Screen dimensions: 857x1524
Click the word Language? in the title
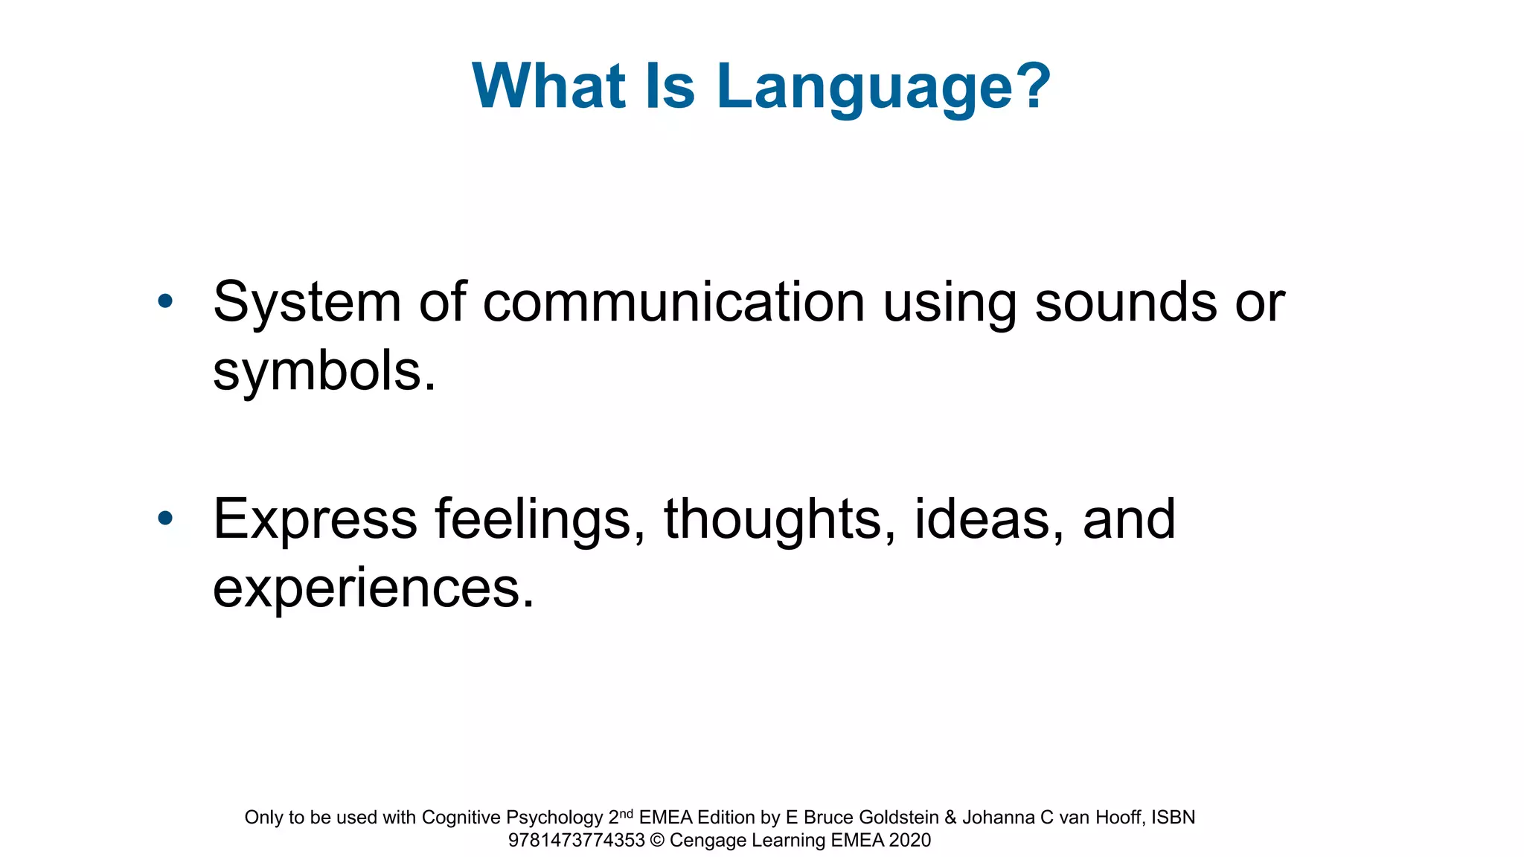(883, 88)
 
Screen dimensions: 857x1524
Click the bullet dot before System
(165, 301)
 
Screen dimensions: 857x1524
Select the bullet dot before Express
(165, 518)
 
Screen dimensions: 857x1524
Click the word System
(307, 303)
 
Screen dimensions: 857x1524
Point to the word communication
(673, 303)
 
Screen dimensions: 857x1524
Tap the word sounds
(1125, 303)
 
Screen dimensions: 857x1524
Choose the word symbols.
(324, 372)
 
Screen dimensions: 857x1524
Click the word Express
(315, 519)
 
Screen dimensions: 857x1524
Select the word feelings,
(540, 519)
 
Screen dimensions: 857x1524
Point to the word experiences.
(372, 588)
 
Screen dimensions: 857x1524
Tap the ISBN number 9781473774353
(576, 841)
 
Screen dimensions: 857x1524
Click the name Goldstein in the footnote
(898, 818)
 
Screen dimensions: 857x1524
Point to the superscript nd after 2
(626, 813)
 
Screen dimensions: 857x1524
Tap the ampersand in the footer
(950, 818)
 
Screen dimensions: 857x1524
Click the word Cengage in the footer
(708, 841)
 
